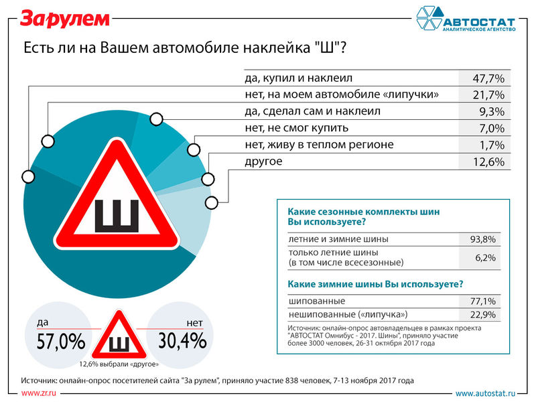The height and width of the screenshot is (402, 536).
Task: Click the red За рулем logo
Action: click(x=65, y=19)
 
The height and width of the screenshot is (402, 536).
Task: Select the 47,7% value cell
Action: click(x=484, y=78)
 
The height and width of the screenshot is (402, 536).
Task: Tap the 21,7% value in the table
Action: click(x=484, y=94)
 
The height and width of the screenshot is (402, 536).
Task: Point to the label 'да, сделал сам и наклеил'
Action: click(x=312, y=111)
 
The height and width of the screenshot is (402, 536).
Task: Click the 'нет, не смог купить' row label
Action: click(x=296, y=128)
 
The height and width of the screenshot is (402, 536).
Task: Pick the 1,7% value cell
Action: click(x=484, y=145)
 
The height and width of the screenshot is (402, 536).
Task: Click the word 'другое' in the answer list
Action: click(x=263, y=161)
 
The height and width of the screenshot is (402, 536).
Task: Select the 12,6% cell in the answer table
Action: click(x=484, y=161)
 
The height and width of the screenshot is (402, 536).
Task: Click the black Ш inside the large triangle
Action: click(x=117, y=216)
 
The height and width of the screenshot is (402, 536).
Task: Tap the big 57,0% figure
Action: click(x=61, y=341)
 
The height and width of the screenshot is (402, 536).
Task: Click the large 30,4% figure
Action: click(x=182, y=340)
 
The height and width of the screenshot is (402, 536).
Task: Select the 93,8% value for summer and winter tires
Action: click(x=482, y=239)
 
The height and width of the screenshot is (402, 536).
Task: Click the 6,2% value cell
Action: click(x=485, y=257)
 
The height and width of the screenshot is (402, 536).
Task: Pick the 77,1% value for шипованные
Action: click(x=482, y=301)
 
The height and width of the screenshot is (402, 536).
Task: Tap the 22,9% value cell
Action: click(x=482, y=314)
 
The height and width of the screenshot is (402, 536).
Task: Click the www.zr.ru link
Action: click(x=38, y=393)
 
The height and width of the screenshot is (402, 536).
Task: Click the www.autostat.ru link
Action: click(x=485, y=394)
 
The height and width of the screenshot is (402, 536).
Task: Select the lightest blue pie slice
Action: click(x=186, y=219)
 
